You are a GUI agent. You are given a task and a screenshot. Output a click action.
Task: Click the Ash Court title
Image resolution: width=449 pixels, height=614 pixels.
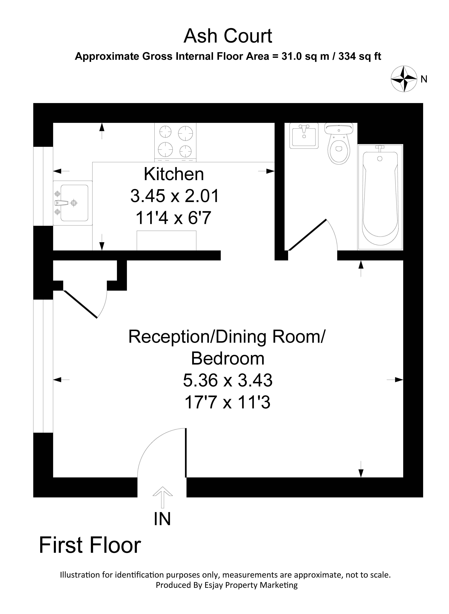click(228, 36)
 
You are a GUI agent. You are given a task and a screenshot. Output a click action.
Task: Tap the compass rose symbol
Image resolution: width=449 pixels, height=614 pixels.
click(404, 79)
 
